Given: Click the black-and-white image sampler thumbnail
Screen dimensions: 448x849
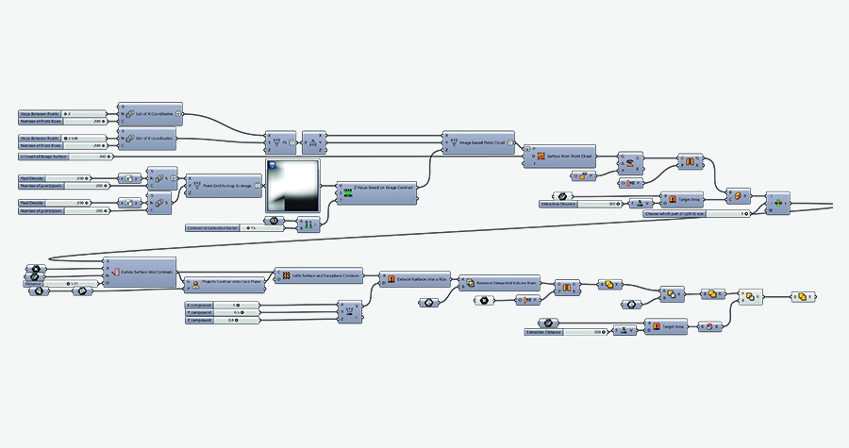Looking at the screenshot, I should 292,187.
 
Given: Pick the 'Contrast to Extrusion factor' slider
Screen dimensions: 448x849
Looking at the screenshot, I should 226,227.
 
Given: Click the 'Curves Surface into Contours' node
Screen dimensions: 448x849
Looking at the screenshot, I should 141,271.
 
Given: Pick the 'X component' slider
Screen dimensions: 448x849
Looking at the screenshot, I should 223,306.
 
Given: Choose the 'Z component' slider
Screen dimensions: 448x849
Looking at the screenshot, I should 223,321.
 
